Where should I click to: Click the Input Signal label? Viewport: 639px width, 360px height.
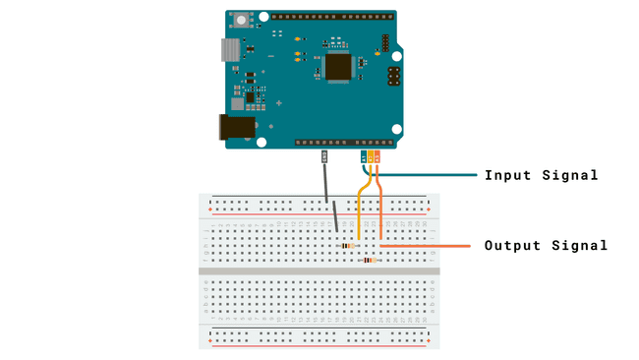[541, 176]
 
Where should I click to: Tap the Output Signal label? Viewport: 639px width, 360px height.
[546, 246]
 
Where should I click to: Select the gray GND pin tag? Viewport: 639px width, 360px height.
[325, 155]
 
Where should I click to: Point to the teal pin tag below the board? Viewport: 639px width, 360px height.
[364, 155]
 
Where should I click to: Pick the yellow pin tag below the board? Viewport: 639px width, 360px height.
[371, 155]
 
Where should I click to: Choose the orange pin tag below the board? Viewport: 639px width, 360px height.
[378, 155]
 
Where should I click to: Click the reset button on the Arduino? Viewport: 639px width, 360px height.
[240, 21]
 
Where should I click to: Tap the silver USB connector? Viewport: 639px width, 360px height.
[229, 51]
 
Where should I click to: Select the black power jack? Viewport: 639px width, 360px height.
[236, 127]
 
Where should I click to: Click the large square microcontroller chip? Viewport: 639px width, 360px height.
[339, 66]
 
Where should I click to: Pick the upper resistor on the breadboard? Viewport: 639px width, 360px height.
[346, 245]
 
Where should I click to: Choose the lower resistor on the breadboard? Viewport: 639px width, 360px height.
[370, 260]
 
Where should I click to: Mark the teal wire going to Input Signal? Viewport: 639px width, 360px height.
[423, 176]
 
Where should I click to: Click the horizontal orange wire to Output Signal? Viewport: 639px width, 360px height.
[433, 246]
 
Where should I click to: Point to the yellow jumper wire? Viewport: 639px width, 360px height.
[360, 211]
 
